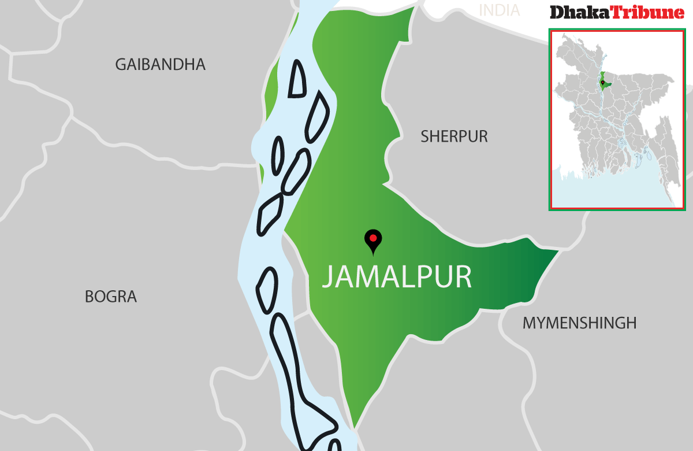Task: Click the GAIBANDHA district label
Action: (160, 64)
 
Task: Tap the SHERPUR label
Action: (454, 136)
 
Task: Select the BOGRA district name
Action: (111, 297)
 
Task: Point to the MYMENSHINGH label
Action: (579, 323)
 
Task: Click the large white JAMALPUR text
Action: (397, 277)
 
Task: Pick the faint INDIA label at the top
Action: (500, 10)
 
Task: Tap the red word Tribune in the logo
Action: (647, 13)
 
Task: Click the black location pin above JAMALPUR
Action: (373, 241)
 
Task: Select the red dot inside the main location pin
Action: (373, 238)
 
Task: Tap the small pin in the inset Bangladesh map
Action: (602, 83)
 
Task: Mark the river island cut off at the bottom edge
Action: (334, 446)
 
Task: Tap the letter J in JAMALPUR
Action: (327, 278)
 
